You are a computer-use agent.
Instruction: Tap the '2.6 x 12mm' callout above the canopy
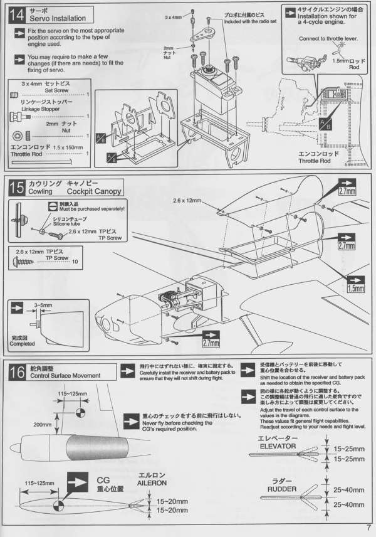[x=187, y=201]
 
